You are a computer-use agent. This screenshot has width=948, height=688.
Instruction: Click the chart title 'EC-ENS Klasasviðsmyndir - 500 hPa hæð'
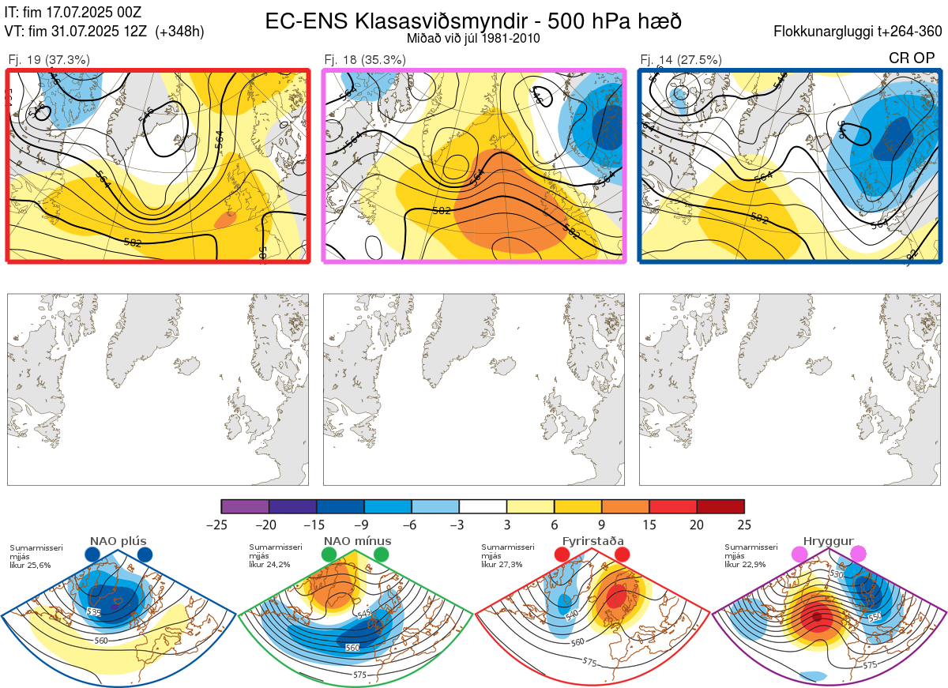pos(473,21)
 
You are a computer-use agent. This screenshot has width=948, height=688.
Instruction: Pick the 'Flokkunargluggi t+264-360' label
pos(860,32)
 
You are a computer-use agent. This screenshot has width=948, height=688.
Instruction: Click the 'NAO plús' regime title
pos(118,541)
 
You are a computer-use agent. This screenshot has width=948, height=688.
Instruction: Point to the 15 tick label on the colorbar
pos(649,524)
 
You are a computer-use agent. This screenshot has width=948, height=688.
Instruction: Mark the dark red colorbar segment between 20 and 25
pos(720,506)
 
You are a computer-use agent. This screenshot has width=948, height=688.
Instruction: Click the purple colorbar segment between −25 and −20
pos(245,506)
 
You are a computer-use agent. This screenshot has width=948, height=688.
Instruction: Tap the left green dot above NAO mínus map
pos(329,555)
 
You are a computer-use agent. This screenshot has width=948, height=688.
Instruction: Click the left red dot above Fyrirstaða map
pos(562,555)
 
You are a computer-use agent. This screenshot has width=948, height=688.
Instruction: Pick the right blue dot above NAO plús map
pos(145,555)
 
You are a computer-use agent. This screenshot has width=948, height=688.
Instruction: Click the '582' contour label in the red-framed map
pos(133,242)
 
